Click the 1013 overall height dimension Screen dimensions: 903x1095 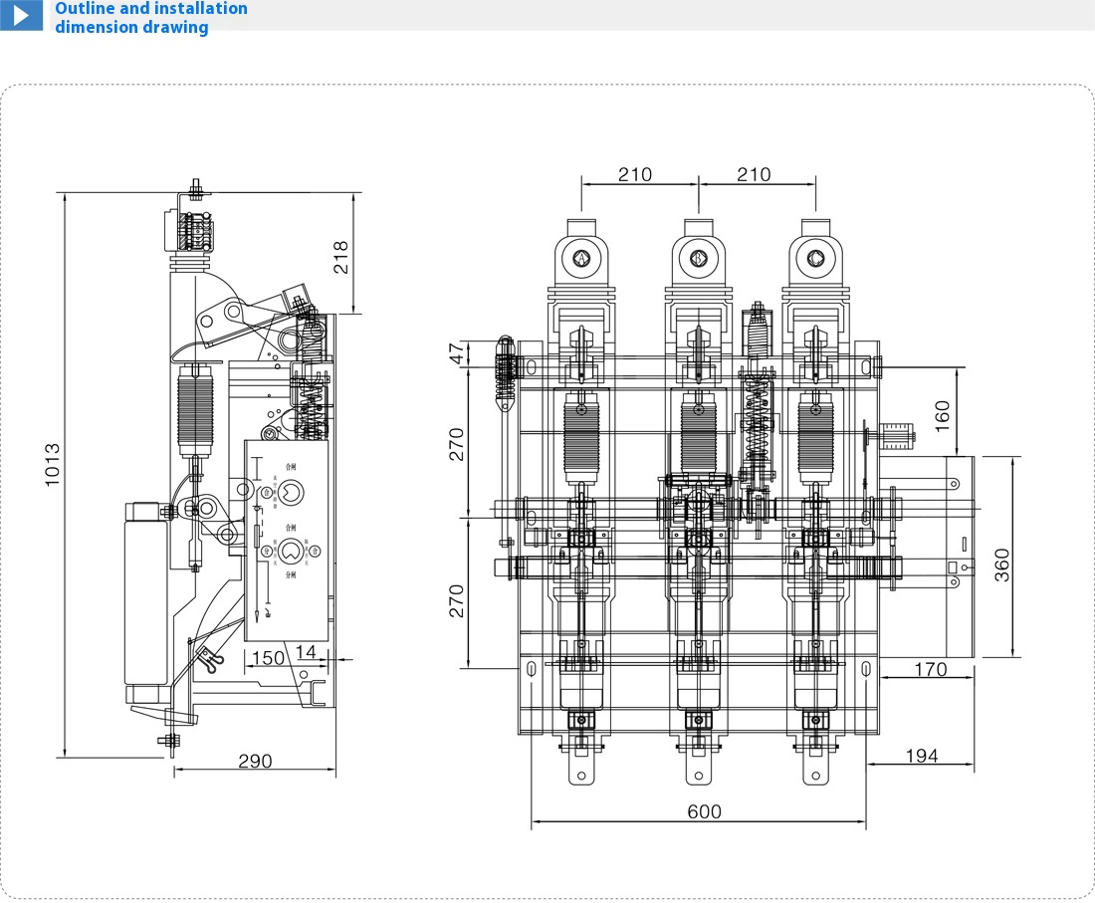click(x=54, y=464)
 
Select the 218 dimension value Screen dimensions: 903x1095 click(x=340, y=259)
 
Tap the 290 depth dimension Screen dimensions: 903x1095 click(x=255, y=761)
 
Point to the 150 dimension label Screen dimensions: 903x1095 click(x=267, y=657)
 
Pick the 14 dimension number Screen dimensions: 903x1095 click(x=307, y=652)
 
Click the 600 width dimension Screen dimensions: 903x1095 click(x=705, y=811)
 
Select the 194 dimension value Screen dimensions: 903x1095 click(x=921, y=756)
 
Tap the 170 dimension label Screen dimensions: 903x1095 click(x=930, y=670)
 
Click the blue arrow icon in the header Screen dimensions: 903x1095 click(x=21, y=16)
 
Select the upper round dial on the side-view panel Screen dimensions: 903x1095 click(x=291, y=491)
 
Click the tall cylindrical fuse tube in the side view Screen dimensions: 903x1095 click(x=145, y=597)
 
